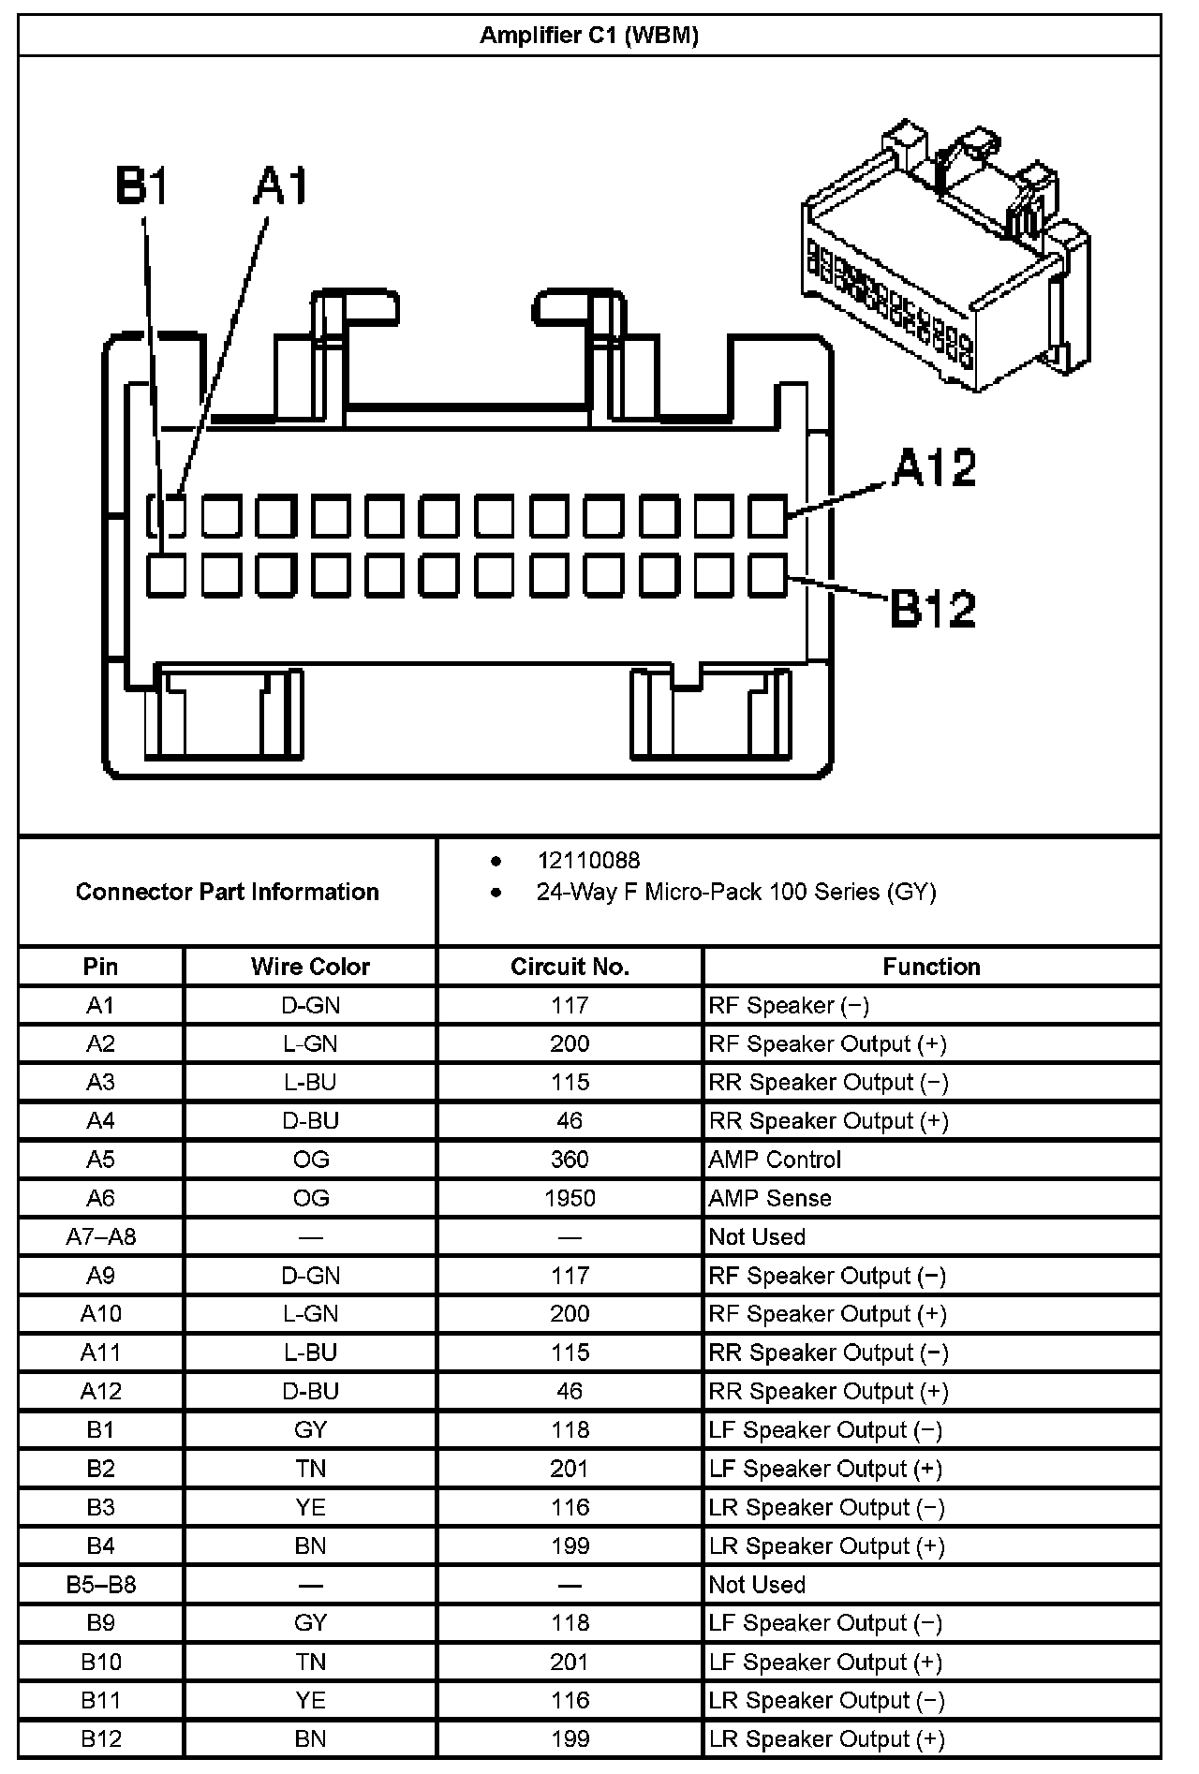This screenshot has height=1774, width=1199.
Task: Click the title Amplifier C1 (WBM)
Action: tap(588, 36)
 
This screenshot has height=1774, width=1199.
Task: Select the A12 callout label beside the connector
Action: tap(933, 467)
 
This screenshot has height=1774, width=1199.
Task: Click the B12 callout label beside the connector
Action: tap(933, 608)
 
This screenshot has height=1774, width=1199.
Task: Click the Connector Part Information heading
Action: tap(227, 892)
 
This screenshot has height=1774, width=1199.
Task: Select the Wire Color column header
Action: tap(310, 967)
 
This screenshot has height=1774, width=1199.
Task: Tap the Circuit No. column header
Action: tap(570, 967)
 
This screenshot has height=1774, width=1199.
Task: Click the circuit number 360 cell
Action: tap(570, 1160)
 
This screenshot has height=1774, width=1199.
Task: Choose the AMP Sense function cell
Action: tap(770, 1198)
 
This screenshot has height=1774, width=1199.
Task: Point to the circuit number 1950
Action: tap(570, 1198)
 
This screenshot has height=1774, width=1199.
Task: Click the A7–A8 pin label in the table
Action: tap(100, 1236)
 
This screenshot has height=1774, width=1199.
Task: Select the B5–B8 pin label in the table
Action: tap(100, 1585)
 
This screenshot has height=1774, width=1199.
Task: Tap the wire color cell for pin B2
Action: tap(310, 1469)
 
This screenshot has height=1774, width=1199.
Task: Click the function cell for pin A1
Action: tap(789, 1005)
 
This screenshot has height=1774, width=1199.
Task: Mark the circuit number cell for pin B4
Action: tap(570, 1545)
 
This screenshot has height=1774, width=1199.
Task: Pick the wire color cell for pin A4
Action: tap(310, 1121)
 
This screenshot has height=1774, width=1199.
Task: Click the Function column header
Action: tap(931, 967)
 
